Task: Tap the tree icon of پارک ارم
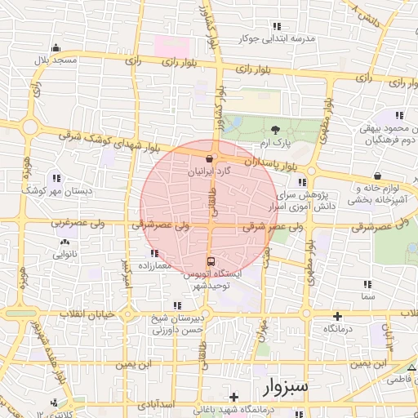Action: pos(275,129)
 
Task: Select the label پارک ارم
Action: pos(275,143)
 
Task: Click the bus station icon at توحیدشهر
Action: pos(211,261)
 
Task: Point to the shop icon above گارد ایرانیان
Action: pos(210,159)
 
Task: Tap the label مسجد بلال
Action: pos(55,60)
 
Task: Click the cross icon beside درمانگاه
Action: pos(338,315)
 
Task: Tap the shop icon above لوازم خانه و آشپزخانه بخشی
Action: pos(377,176)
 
